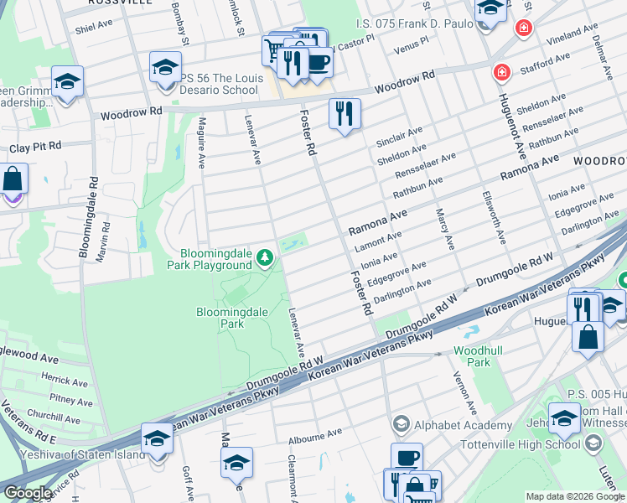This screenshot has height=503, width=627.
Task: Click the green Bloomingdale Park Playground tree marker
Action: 266,257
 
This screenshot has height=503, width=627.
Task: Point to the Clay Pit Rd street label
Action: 36,147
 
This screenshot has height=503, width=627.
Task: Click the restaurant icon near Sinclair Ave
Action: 344,114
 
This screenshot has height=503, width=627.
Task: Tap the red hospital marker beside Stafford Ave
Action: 501,73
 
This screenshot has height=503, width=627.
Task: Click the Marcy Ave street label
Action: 444,231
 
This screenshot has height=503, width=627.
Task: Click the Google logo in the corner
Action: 27,493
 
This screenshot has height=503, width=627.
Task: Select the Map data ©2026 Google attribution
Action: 574,496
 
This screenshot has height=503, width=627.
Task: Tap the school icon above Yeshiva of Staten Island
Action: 157,438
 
